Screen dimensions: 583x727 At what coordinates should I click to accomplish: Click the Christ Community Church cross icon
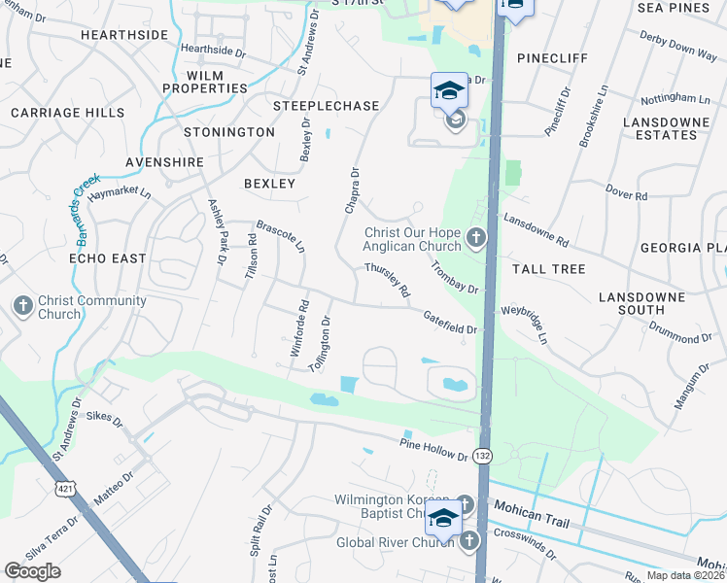coord(23,306)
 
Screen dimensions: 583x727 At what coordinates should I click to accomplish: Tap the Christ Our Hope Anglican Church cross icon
coord(475,238)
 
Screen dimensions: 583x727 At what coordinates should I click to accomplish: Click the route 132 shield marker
coord(483,456)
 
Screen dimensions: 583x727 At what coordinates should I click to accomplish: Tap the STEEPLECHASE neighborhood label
coord(312,105)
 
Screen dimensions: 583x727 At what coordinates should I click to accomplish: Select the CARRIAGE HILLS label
coord(68,113)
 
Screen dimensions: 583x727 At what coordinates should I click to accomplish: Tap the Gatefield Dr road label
coord(449,322)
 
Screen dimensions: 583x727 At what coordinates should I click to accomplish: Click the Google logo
coord(32,571)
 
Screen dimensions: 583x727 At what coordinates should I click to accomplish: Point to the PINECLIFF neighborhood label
coord(553,58)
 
